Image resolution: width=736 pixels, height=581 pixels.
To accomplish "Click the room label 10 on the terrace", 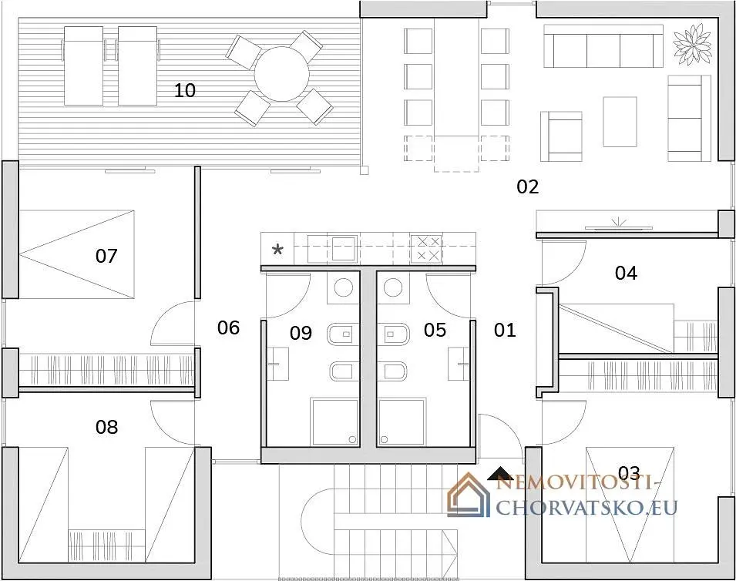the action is [184, 90].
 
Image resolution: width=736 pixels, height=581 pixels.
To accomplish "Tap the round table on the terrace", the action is [281, 74].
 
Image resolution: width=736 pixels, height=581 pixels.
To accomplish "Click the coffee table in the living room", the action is [620, 122].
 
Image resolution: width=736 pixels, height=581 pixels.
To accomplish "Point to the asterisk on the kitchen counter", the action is [278, 250].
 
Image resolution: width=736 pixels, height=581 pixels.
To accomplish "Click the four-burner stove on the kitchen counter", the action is [426, 248].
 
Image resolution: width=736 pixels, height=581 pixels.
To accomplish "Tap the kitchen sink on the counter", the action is [344, 249].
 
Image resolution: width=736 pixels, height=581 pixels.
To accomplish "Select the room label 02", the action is [528, 186].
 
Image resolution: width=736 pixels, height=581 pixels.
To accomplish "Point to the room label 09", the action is [301, 333].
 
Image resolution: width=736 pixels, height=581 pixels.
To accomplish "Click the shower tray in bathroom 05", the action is [402, 422].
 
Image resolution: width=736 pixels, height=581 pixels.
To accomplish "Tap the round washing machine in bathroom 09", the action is [343, 287].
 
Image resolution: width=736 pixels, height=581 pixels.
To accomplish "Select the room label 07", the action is [106, 256].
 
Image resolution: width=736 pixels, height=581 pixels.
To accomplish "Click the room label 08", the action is [106, 427].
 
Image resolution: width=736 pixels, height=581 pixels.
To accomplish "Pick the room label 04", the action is [626, 273].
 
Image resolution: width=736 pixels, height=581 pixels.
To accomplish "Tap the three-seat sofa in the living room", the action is [603, 46].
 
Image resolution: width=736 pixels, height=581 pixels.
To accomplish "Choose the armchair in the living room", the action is [561, 136].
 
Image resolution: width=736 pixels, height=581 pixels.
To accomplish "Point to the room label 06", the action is [229, 327].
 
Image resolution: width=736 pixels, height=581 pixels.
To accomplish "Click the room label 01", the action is [505, 330].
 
